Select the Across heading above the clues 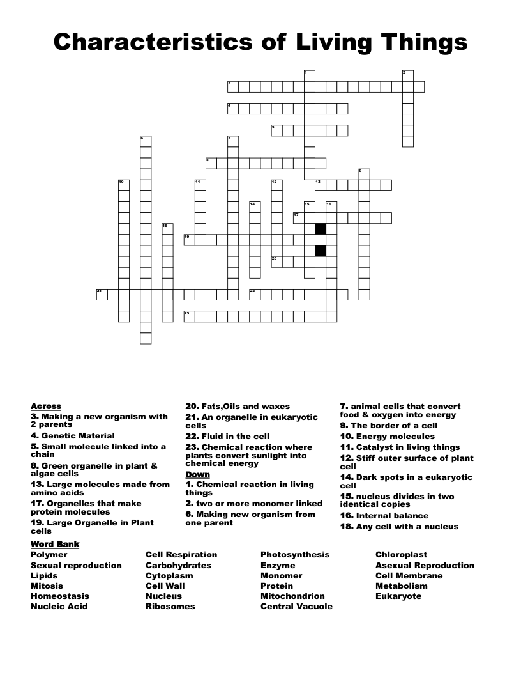click(46, 407)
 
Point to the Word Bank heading click(55, 544)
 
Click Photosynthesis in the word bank click(295, 555)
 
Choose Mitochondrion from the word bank click(292, 596)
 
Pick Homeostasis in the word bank click(60, 596)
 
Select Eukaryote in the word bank click(398, 596)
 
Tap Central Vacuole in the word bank click(296, 607)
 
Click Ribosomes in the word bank click(170, 607)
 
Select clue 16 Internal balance click(384, 516)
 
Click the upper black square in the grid click(321, 229)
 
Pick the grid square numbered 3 click(233, 87)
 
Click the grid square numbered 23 click(190, 316)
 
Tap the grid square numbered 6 click(146, 141)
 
